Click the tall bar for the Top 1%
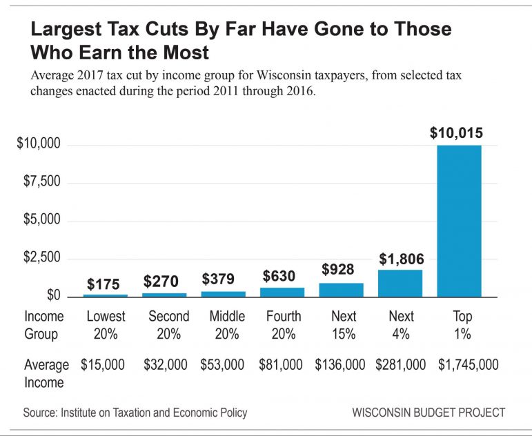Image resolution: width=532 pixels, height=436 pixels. click(460, 221)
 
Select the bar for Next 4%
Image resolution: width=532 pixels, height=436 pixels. click(401, 283)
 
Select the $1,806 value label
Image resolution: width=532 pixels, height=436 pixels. click(401, 259)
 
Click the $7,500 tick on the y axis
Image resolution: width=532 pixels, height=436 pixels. click(39, 182)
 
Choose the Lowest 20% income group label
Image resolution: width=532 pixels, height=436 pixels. click(106, 325)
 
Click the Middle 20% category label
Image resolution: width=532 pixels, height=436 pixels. click(227, 325)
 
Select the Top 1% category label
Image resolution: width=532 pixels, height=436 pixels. click(462, 325)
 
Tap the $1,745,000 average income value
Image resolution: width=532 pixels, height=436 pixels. click(469, 365)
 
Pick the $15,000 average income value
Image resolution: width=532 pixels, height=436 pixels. click(103, 365)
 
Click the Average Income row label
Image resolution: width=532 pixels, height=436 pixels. click(46, 373)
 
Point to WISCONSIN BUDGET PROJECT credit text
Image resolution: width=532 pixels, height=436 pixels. click(428, 413)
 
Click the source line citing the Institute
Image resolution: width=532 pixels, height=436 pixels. click(135, 413)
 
